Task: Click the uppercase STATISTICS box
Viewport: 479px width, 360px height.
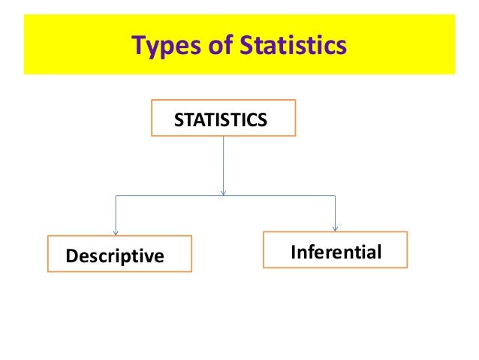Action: [223, 118]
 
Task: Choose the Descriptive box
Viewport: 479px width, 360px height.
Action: [119, 256]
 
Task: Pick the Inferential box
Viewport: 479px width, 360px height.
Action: [335, 250]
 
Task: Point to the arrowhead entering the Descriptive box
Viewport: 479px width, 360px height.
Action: [115, 231]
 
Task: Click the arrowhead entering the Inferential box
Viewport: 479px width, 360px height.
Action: [335, 228]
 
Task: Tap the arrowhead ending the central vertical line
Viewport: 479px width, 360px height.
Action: [223, 192]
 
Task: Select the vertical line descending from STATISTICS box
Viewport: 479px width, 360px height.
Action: [223, 162]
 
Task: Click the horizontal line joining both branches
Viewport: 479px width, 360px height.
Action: [225, 196]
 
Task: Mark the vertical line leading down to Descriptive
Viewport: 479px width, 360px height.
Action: [115, 214]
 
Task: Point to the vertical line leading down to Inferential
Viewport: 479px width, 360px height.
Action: [335, 212]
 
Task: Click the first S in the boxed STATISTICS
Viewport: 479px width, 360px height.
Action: [179, 119]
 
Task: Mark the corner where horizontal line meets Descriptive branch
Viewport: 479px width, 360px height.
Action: [115, 196]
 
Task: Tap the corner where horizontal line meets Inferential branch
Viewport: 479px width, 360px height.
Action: [335, 196]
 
